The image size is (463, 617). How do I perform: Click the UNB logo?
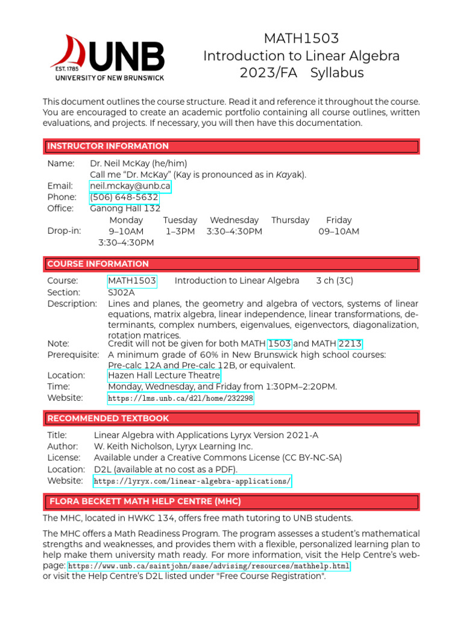click(x=107, y=58)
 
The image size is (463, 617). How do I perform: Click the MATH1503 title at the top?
click(x=301, y=39)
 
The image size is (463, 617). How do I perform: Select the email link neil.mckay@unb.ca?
click(x=130, y=186)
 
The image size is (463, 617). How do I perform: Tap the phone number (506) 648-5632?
click(x=124, y=198)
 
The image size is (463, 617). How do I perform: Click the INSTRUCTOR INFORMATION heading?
click(x=108, y=146)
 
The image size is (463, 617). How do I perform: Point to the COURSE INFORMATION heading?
click(x=98, y=264)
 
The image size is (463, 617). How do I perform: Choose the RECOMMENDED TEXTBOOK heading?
click(x=108, y=418)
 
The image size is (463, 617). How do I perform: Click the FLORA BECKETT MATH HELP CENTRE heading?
click(x=145, y=501)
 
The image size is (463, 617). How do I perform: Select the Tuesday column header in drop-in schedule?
click(x=180, y=221)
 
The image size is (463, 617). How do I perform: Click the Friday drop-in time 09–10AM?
click(x=339, y=231)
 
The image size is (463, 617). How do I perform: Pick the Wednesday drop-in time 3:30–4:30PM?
click(x=234, y=231)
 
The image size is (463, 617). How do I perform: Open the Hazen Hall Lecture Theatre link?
click(x=164, y=375)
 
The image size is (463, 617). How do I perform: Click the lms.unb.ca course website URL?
click(x=180, y=398)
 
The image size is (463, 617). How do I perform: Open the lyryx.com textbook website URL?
click(x=192, y=481)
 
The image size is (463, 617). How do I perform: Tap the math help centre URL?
click(x=209, y=566)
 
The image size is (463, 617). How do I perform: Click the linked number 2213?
click(x=350, y=343)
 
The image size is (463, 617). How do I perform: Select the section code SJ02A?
click(x=121, y=292)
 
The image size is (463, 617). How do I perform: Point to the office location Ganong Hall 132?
click(x=125, y=208)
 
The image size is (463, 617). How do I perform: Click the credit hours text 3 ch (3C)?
click(x=335, y=281)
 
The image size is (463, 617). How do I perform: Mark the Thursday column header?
click(x=290, y=221)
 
